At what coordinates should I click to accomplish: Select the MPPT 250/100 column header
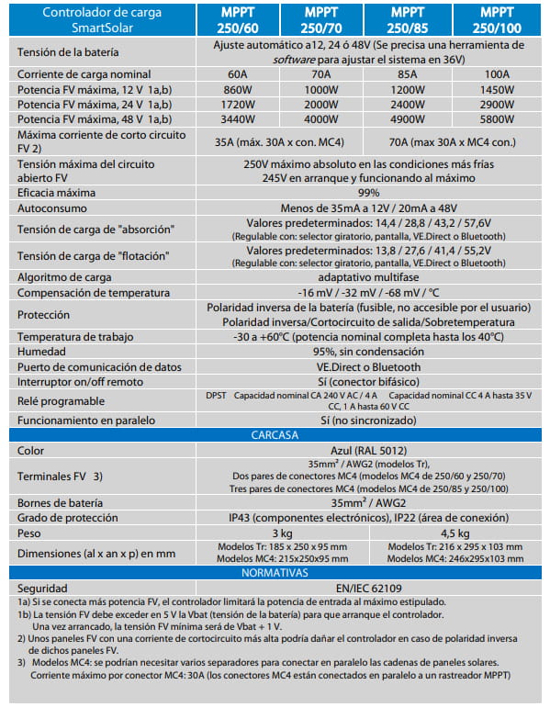tap(497, 19)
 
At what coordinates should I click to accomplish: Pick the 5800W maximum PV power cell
tap(497, 119)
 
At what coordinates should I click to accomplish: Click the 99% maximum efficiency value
tap(369, 193)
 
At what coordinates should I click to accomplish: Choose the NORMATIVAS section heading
tap(276, 571)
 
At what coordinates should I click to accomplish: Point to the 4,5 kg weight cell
tap(455, 533)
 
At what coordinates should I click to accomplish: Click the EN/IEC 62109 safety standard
tap(369, 588)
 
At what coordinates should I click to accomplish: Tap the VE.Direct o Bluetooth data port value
tap(369, 366)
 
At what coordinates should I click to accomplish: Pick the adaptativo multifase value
tap(369, 276)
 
